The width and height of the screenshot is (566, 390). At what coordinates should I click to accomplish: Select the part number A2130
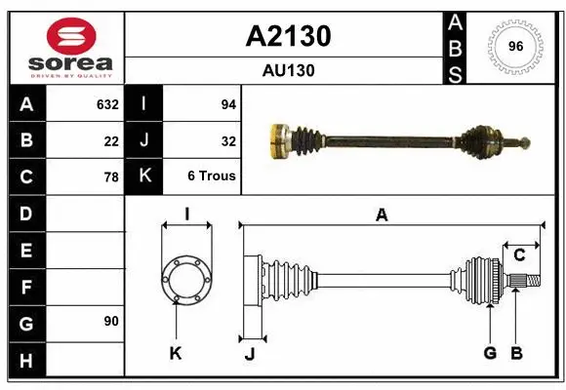click(x=288, y=36)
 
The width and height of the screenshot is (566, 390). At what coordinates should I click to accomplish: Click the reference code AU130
click(x=288, y=70)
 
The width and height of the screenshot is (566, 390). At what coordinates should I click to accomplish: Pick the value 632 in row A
click(x=107, y=104)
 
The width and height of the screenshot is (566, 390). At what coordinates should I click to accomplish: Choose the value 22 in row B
click(x=111, y=140)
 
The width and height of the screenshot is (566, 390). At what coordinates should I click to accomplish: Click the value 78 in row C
click(x=111, y=176)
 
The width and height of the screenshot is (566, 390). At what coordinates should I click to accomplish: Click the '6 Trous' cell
click(x=212, y=176)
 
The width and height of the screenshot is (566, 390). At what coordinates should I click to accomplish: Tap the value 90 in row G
click(x=111, y=321)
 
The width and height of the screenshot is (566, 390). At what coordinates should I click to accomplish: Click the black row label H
click(x=25, y=362)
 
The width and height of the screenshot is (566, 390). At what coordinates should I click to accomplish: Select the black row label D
click(x=25, y=214)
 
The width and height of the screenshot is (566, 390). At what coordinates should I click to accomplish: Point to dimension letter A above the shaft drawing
click(x=382, y=215)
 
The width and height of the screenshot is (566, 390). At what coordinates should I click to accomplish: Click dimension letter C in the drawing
click(x=519, y=255)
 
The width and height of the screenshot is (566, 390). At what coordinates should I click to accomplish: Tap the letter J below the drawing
click(x=250, y=353)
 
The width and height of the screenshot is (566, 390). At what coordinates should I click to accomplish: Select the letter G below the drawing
click(x=490, y=353)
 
